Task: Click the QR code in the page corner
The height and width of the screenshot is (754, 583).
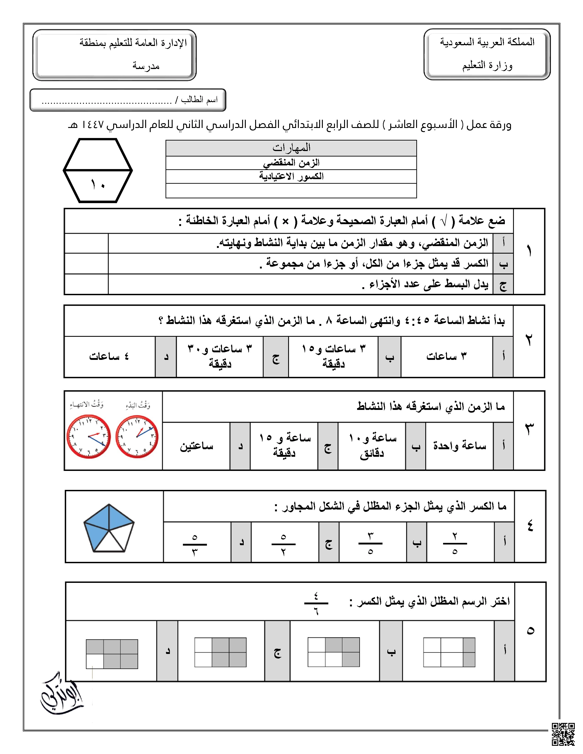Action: point(563,734)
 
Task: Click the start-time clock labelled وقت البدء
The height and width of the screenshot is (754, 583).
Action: point(137,437)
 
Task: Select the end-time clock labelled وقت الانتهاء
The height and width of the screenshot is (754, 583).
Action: point(88,437)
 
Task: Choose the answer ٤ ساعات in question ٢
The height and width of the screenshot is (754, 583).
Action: point(109,356)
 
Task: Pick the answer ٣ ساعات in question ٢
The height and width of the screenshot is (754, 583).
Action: point(446,356)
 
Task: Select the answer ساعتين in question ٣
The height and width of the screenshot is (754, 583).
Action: point(196,446)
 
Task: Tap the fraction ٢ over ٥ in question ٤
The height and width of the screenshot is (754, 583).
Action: point(455,543)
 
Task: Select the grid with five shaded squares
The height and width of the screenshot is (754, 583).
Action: point(112,654)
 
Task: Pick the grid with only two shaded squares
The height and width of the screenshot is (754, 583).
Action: point(449,652)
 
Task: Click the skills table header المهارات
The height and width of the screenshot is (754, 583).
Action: point(291,148)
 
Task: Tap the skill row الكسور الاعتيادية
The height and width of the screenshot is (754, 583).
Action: point(291,176)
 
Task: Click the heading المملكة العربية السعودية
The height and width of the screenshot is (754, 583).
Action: point(487,42)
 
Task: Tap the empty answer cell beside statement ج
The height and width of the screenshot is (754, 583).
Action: point(86,284)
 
